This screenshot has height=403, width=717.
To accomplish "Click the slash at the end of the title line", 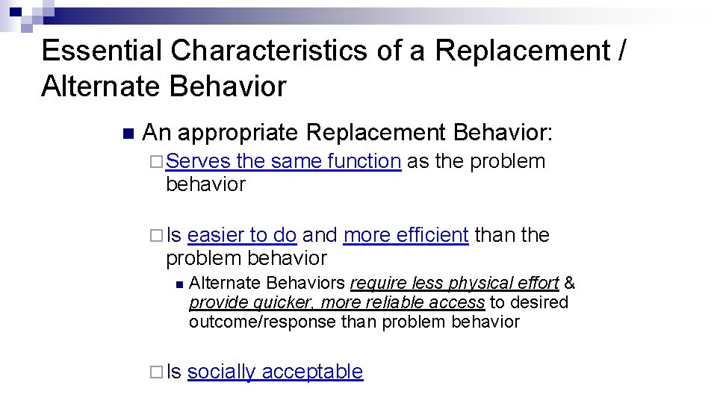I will pos(622,51).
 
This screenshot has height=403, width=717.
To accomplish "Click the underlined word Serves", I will pos(198,161).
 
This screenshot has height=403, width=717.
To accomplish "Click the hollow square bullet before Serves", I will pos(155,161).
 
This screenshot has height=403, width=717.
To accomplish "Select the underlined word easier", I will pos(217,235).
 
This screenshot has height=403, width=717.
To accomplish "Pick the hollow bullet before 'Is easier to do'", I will pos(155,235).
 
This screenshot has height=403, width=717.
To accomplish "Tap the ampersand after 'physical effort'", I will pos(570,284).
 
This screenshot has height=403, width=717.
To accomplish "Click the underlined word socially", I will pos(222,372).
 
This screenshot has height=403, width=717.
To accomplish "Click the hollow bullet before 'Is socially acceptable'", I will pos(155,372).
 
